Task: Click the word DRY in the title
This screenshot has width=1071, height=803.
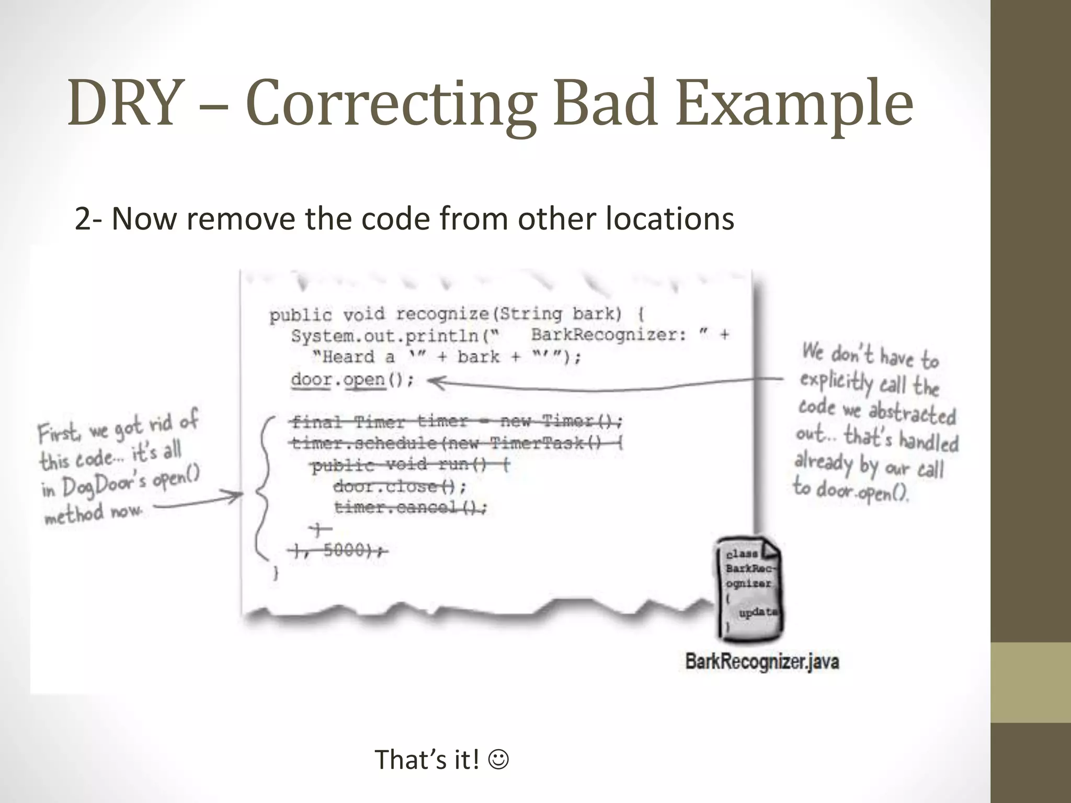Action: point(127,103)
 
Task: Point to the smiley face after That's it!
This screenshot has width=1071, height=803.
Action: point(498,759)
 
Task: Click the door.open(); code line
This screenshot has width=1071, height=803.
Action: point(352,380)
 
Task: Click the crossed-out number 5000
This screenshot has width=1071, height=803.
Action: point(344,550)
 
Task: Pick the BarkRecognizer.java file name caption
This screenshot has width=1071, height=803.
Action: point(762,661)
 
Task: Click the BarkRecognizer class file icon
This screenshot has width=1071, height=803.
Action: point(749,588)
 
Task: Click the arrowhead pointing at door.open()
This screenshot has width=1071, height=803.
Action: point(435,382)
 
